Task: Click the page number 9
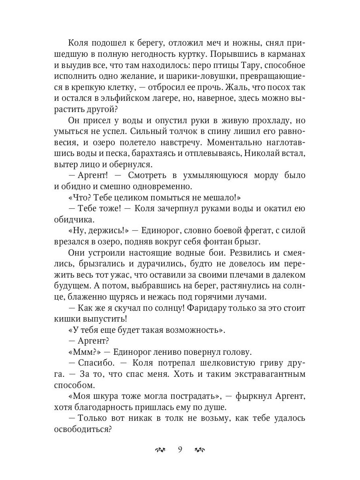[x=180, y=450]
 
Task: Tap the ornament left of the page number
[x=160, y=450]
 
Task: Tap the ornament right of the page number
[x=200, y=450]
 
